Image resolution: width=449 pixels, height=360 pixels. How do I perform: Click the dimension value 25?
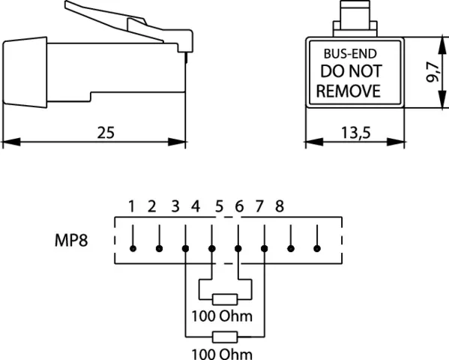[106, 133]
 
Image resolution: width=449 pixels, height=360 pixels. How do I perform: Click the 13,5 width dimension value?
[355, 133]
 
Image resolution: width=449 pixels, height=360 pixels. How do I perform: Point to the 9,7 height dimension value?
[433, 72]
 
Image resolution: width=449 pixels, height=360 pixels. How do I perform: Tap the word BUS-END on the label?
[350, 54]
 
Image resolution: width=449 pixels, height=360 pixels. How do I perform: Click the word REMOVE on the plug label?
[349, 91]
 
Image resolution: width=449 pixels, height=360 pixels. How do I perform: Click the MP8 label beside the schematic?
[71, 240]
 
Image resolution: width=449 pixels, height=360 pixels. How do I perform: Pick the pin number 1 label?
[131, 206]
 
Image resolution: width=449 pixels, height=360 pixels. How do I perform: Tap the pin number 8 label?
[280, 206]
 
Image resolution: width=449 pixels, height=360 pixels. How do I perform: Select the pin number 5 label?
[219, 206]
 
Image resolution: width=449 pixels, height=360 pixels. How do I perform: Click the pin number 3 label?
[175, 206]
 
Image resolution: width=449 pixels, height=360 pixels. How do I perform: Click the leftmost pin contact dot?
[133, 248]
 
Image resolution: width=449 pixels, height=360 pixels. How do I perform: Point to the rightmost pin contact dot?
[317, 248]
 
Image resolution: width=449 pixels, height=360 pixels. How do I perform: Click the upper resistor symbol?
[225, 299]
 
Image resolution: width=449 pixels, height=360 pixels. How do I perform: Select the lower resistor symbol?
[225, 337]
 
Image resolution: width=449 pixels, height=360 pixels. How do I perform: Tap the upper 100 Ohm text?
[222, 316]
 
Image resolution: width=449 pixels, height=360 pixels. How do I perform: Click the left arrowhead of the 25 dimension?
[11, 142]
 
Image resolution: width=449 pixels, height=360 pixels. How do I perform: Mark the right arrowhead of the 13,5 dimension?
[396, 142]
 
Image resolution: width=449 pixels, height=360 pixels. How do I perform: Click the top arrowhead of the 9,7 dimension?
[442, 46]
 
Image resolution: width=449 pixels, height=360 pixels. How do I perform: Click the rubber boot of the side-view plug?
[25, 72]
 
